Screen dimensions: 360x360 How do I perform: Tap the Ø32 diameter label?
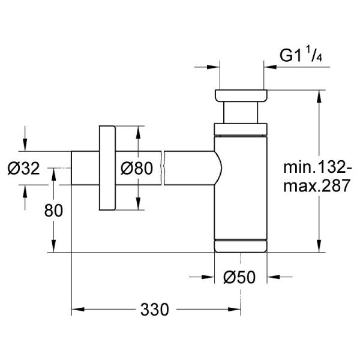pyautogui.click(x=23, y=169)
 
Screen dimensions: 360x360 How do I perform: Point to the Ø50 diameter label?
pyautogui.click(x=240, y=277)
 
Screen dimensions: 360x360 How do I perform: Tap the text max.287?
pyautogui.click(x=316, y=187)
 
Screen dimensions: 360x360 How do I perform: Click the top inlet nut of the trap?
pyautogui.click(x=239, y=95)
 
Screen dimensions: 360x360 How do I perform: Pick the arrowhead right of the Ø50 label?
pyautogui.click(x=272, y=277)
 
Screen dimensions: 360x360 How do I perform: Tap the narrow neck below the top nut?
pyautogui.click(x=239, y=112)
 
